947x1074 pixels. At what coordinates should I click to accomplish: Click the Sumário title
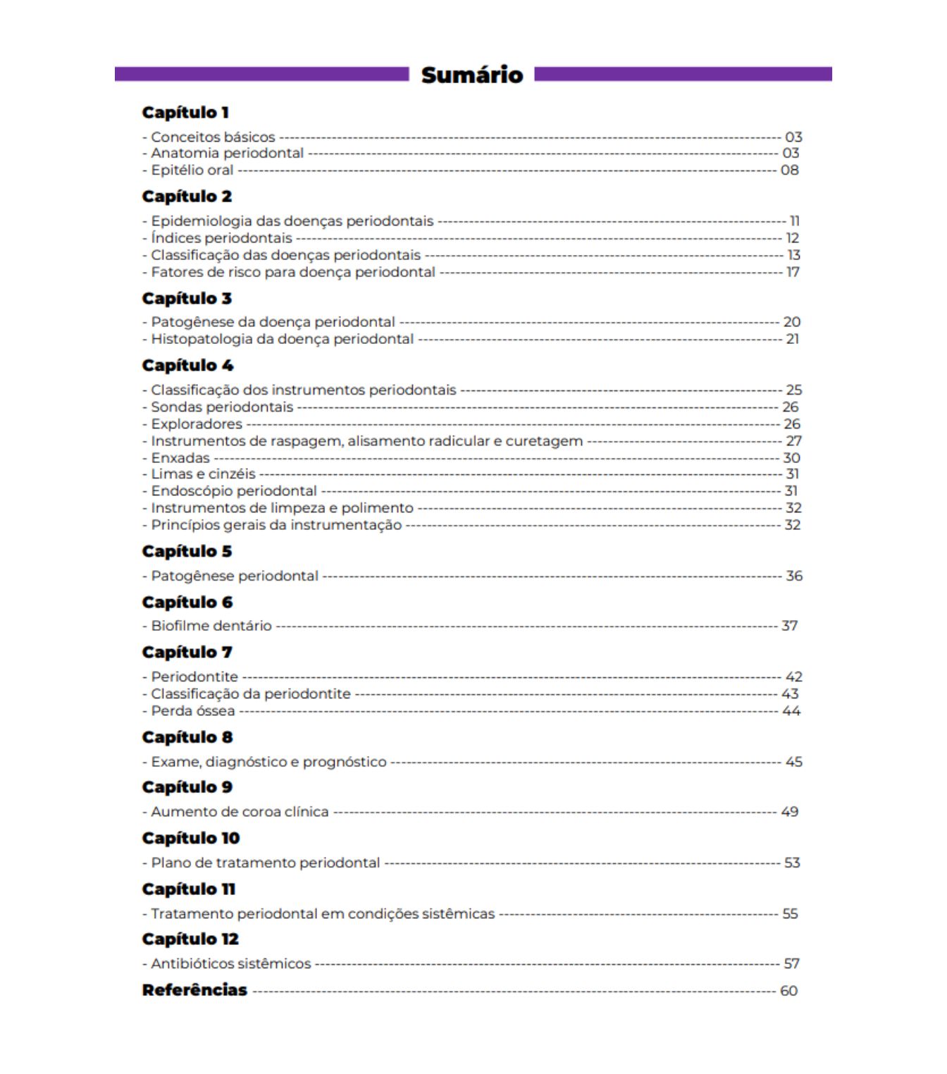472,75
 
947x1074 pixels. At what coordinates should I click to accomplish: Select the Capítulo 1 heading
185,113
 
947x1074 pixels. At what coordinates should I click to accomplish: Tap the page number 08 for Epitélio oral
789,170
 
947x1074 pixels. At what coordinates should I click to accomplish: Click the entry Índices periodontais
221,238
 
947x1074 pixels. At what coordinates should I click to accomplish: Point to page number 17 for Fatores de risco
793,272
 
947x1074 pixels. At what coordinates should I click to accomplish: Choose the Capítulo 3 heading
187,299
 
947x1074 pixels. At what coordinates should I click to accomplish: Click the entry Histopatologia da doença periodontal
282,339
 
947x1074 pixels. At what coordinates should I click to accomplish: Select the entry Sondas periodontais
222,407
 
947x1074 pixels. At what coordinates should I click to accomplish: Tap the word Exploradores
197,424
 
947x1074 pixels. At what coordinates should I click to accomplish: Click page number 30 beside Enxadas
791,457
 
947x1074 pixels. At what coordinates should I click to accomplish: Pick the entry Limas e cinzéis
203,474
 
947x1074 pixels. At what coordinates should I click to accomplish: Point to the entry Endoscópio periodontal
234,491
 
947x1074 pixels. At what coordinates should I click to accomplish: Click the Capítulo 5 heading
187,552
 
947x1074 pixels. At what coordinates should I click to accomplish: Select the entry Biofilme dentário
211,626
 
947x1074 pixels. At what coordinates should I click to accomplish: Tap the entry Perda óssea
192,711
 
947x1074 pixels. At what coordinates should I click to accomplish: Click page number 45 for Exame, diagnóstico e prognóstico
793,762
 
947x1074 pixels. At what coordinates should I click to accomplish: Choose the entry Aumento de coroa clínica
240,812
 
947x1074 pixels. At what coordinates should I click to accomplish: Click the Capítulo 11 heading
188,889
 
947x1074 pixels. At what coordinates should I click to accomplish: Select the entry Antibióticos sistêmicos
230,963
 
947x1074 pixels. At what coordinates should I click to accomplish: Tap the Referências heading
194,990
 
